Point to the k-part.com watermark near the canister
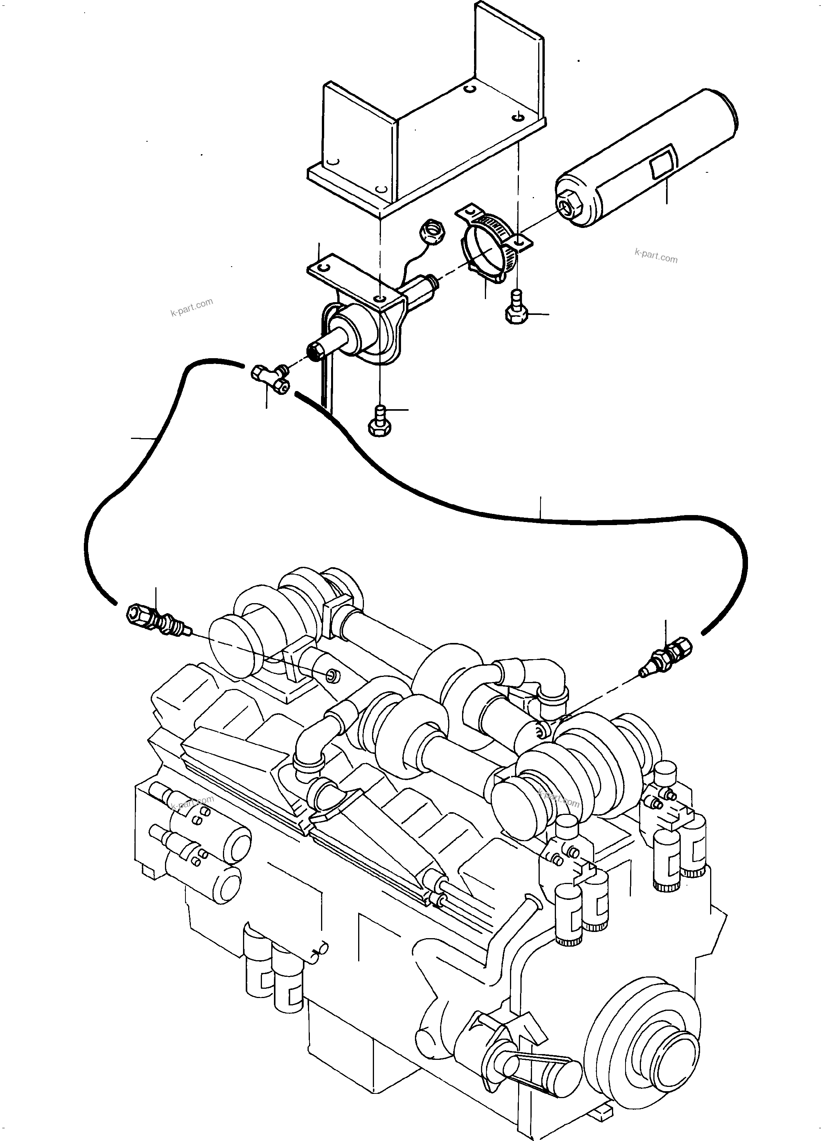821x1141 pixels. [x=656, y=256]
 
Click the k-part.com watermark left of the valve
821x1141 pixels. [x=192, y=306]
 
